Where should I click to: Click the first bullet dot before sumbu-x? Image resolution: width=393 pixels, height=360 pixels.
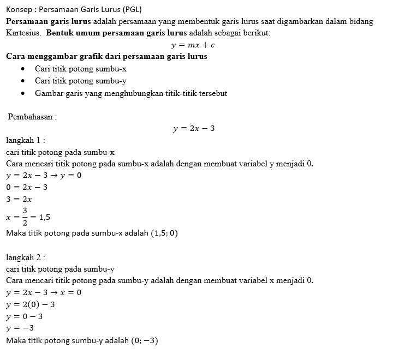click(x=22, y=69)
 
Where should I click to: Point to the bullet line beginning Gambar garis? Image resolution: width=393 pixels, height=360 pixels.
click(x=131, y=93)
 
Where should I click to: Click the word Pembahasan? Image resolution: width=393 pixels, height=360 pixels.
click(x=32, y=117)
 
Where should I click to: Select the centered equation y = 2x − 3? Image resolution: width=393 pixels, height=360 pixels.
click(x=194, y=129)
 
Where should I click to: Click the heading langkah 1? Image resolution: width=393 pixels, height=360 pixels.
click(x=25, y=141)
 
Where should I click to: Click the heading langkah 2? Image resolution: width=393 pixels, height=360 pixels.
click(x=25, y=257)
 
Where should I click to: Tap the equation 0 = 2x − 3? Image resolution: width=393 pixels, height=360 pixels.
click(x=27, y=187)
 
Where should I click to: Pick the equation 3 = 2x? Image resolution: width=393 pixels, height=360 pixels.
click(x=19, y=199)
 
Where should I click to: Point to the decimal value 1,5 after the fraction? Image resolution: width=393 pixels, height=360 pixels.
click(x=45, y=217)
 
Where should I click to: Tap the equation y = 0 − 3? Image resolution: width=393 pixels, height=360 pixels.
click(x=25, y=316)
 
